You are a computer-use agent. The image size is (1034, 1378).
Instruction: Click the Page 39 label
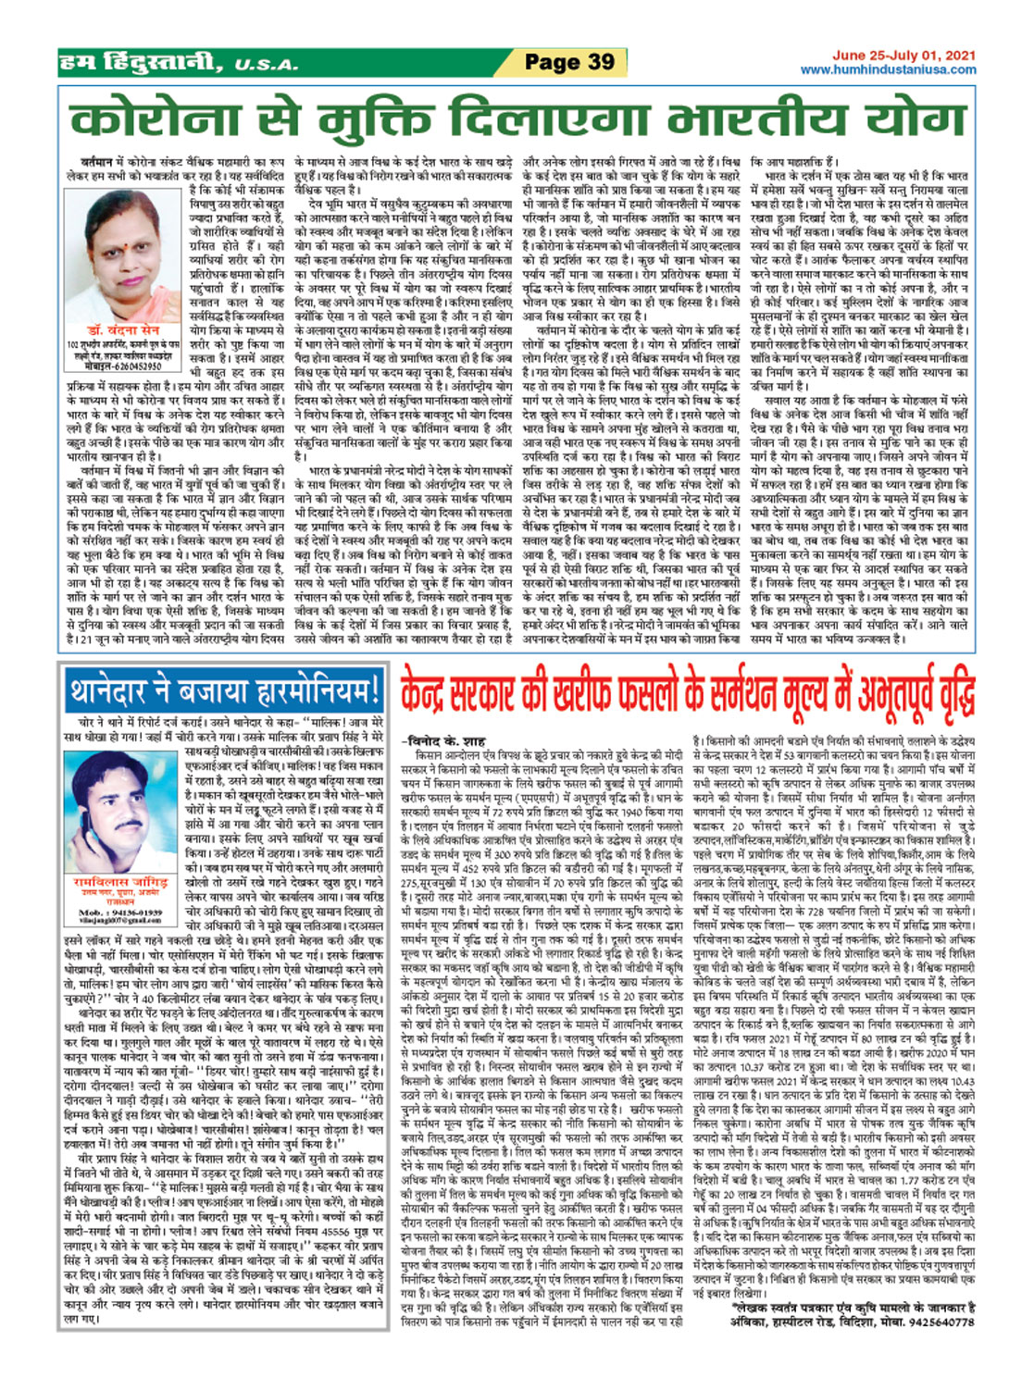pyautogui.click(x=568, y=62)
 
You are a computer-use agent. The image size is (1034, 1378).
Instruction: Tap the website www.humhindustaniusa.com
pyautogui.click(x=888, y=69)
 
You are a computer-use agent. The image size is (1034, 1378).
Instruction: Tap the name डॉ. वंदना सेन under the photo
pyautogui.click(x=125, y=330)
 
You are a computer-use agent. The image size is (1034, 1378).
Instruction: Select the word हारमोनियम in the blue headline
pyautogui.click(x=299, y=691)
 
